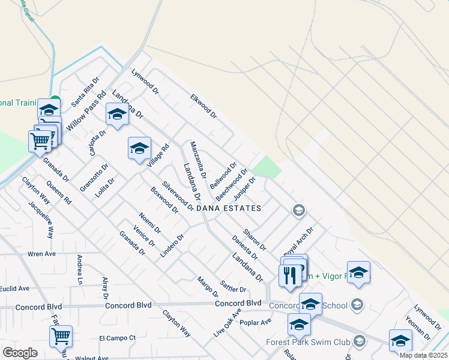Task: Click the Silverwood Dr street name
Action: pos(177,196)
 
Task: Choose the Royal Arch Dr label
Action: pos(300,241)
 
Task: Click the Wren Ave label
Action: pos(41,254)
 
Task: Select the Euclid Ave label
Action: pos(14,289)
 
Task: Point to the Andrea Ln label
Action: pos(79,269)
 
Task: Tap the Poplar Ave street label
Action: pos(256,322)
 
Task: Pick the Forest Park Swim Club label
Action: pos(308,343)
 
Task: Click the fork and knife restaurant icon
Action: pos(289,275)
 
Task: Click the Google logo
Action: pos(20,353)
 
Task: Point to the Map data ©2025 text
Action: pos(423,355)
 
